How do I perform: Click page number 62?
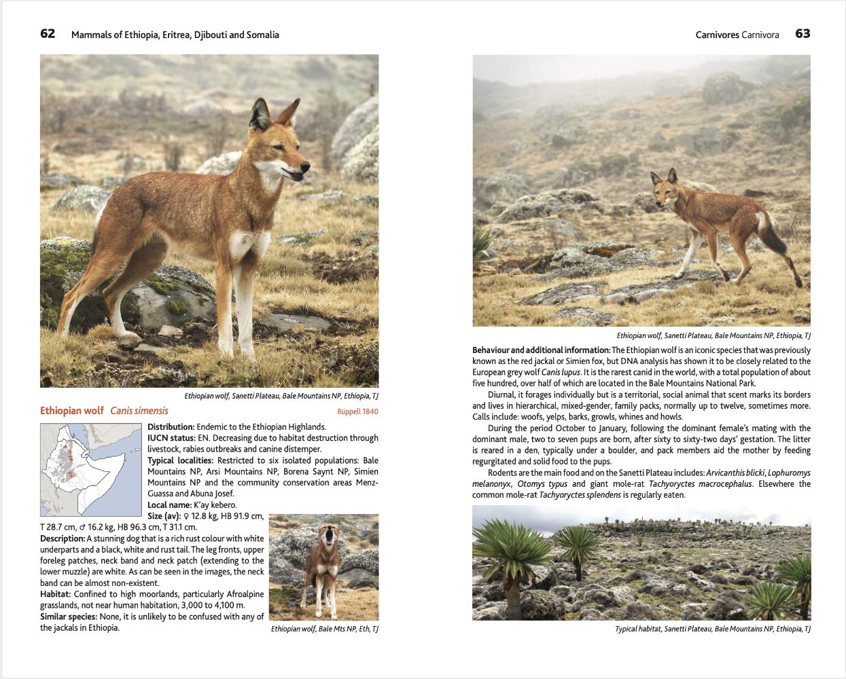[48, 34]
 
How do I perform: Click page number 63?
[803, 34]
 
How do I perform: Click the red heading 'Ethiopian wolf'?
[72, 411]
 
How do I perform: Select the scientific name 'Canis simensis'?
[139, 411]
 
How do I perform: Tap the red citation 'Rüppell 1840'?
[357, 411]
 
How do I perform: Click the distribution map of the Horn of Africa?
[92, 469]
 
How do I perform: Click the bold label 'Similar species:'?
[68, 617]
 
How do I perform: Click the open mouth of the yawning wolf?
[331, 539]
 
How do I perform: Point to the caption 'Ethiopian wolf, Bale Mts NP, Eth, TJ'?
[324, 629]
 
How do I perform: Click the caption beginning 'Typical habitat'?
[713, 629]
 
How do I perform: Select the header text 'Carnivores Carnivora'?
[737, 35]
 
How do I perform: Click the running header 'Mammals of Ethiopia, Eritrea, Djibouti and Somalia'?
[175, 35]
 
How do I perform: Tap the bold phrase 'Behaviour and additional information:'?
[541, 350]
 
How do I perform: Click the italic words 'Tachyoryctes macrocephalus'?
[700, 484]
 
